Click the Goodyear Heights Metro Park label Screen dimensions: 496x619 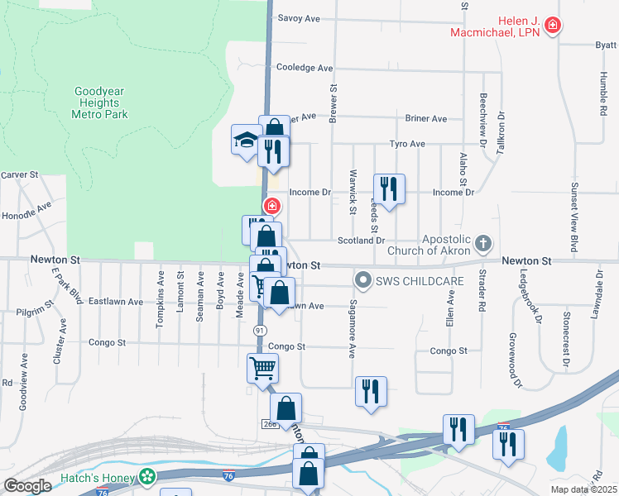(x=101, y=103)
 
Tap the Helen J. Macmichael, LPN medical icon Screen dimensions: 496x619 (x=553, y=26)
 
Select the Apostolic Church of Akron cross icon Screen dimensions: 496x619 (x=483, y=245)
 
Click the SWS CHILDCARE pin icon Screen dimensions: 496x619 (x=361, y=282)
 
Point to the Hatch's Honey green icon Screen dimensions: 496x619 (x=147, y=476)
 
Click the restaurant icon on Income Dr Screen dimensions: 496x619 (x=388, y=188)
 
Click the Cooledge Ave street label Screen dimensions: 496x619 (x=305, y=68)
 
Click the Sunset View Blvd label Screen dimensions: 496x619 (x=573, y=218)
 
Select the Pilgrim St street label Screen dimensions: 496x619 (x=33, y=312)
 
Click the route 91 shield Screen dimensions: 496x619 (x=259, y=330)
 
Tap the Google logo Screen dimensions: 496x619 (x=27, y=486)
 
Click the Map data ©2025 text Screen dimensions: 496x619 (x=584, y=489)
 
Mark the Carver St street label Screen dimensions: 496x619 (x=20, y=174)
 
